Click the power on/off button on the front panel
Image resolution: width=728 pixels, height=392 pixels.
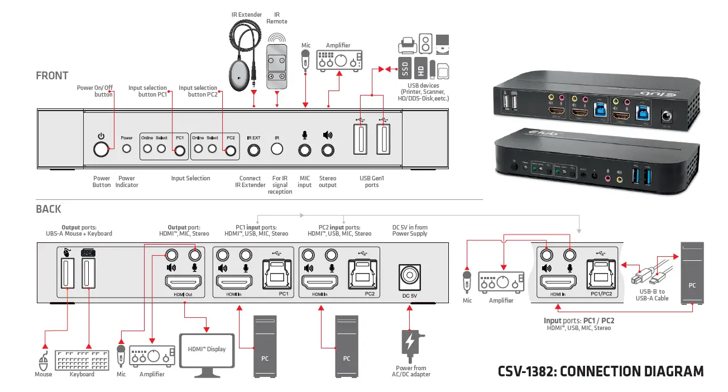click(101, 149)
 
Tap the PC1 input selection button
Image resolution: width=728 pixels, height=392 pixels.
click(180, 150)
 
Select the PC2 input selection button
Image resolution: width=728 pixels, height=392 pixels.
click(230, 150)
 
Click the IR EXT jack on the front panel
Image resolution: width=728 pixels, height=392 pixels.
click(254, 150)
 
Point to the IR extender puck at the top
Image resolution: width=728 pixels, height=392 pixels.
click(238, 77)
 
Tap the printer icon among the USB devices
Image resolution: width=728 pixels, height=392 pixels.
click(407, 44)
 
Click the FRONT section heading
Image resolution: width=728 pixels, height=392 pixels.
click(52, 76)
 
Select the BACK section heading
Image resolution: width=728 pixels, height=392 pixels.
click(49, 209)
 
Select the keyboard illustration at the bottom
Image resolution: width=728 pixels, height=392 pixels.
click(83, 360)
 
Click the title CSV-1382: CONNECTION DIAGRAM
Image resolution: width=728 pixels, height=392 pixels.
click(601, 371)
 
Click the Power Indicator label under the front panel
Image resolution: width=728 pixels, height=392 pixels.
click(127, 181)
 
